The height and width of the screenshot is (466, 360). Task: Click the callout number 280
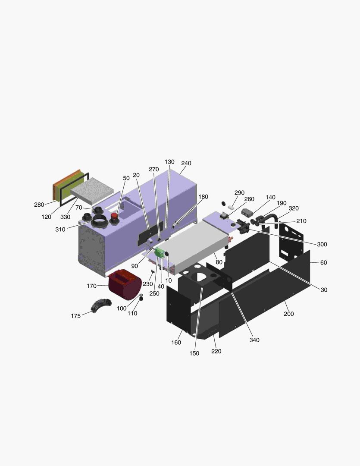[39, 205]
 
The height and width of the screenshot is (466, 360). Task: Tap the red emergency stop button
[115, 216]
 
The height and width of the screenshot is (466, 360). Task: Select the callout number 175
[76, 316]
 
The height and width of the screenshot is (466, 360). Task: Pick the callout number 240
[186, 163]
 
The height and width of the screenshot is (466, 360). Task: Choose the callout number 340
[254, 340]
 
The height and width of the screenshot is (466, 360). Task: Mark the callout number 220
[216, 351]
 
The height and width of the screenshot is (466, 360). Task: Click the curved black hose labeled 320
[272, 218]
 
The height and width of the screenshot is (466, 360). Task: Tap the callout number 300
[322, 244]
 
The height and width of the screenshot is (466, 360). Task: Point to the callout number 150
[194, 353]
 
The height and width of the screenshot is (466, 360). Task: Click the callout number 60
[323, 262]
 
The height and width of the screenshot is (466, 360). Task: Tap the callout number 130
[169, 162]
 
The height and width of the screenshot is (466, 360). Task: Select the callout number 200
[289, 314]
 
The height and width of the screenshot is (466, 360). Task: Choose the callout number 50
[126, 178]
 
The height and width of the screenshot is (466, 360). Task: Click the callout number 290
[239, 192]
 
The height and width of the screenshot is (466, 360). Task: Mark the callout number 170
[91, 286]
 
